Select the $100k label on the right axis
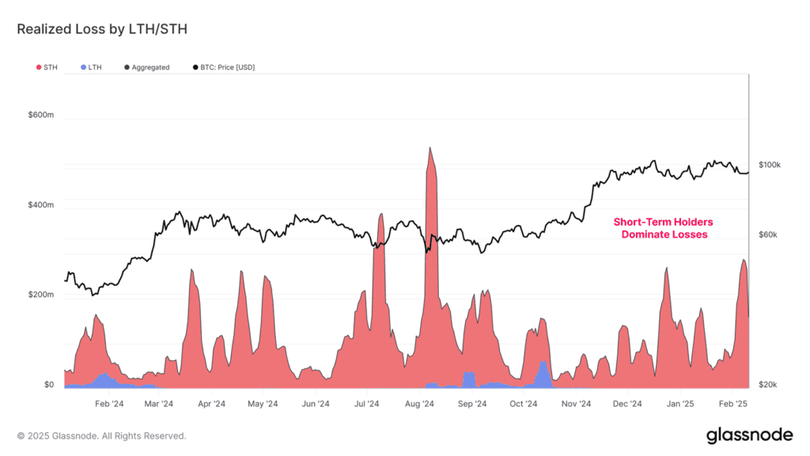click(770, 165)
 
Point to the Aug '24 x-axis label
click(419, 404)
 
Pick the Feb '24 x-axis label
click(108, 404)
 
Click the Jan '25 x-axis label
click(679, 404)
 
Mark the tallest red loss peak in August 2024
click(430, 150)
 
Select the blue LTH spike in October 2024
click(543, 367)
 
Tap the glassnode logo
click(748, 435)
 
